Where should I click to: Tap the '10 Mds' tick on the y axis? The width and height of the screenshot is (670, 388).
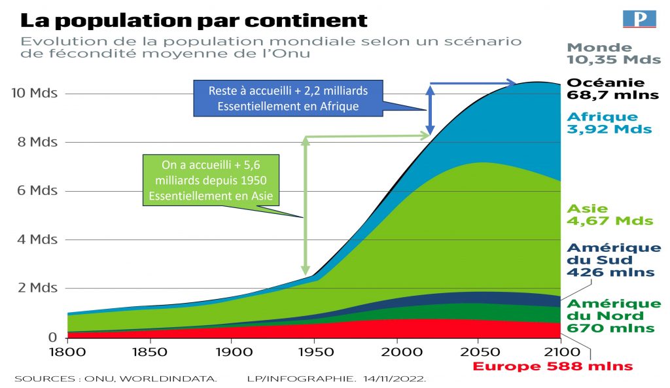35,94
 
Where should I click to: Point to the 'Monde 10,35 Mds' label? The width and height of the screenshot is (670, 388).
613,53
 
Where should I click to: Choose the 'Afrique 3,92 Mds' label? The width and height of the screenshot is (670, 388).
609,123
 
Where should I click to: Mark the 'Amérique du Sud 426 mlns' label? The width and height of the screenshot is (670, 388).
613,260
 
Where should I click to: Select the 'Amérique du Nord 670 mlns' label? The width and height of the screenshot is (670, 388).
613,316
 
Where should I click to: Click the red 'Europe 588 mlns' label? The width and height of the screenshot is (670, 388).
552,366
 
